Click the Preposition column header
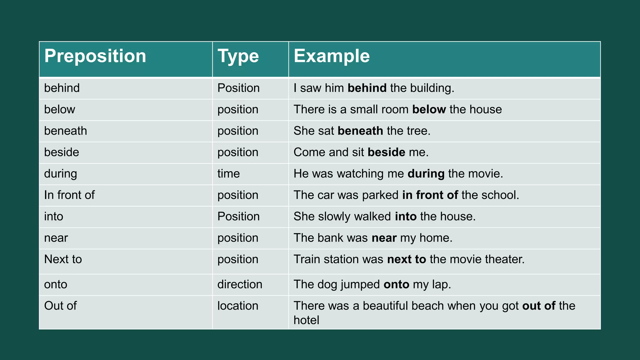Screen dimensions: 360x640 click(x=95, y=56)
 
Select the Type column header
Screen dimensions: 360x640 click(x=238, y=56)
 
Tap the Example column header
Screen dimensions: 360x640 click(x=332, y=56)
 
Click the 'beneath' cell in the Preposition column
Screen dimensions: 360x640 click(x=65, y=131)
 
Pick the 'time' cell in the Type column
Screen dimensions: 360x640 click(x=228, y=174)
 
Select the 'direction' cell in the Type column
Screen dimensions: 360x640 click(x=240, y=284)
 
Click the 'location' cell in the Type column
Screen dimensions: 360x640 click(x=238, y=306)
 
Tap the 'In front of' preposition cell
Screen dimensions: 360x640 click(x=69, y=195)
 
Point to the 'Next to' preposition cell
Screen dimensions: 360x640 click(x=63, y=259)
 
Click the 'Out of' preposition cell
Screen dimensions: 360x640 click(x=60, y=306)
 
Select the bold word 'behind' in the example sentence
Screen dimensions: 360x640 click(x=367, y=88)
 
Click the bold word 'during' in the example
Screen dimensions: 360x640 click(x=426, y=174)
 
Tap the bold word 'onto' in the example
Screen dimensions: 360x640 click(x=396, y=284)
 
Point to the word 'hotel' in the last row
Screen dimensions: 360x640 click(x=306, y=320)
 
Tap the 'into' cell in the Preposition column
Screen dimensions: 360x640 click(x=53, y=217)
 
